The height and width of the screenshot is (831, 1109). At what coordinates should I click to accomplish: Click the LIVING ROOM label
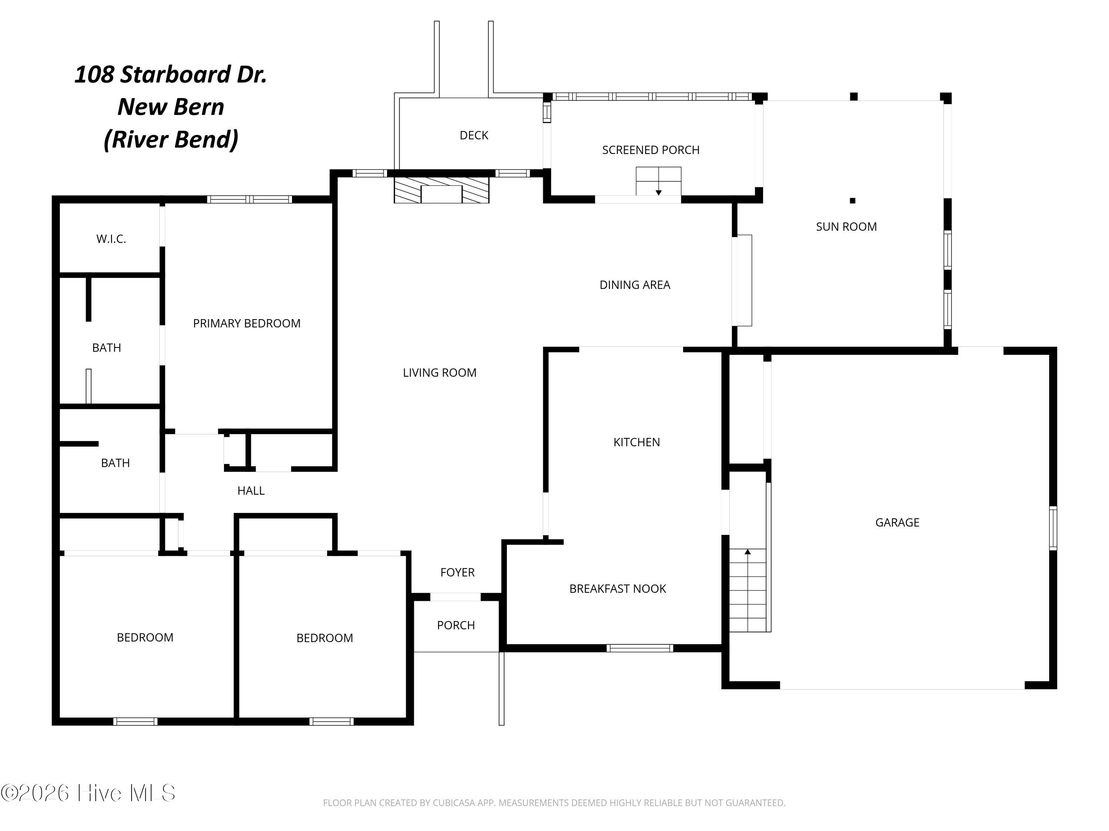[439, 373]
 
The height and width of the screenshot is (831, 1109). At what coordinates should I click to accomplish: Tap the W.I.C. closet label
[111, 239]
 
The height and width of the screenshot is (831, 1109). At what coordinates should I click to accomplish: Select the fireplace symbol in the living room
[441, 190]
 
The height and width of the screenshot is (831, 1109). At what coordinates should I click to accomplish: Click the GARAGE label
[897, 523]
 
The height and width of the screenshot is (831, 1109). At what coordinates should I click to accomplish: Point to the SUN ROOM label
[846, 227]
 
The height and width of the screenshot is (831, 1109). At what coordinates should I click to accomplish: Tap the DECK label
[474, 135]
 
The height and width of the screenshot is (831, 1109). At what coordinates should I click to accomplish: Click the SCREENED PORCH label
[650, 150]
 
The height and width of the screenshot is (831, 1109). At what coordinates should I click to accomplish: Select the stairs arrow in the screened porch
[658, 192]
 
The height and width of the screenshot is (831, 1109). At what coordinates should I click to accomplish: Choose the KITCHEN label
[636, 442]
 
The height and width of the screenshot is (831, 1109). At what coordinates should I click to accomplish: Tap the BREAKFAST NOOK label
[617, 589]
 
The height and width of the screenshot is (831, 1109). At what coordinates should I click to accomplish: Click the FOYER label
[457, 572]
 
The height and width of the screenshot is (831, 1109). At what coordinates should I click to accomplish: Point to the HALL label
[251, 491]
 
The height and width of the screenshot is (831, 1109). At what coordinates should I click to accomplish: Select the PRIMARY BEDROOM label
[247, 324]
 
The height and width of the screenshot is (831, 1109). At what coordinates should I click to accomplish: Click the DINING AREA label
[635, 285]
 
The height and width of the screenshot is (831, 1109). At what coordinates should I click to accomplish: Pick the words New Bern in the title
[170, 107]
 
